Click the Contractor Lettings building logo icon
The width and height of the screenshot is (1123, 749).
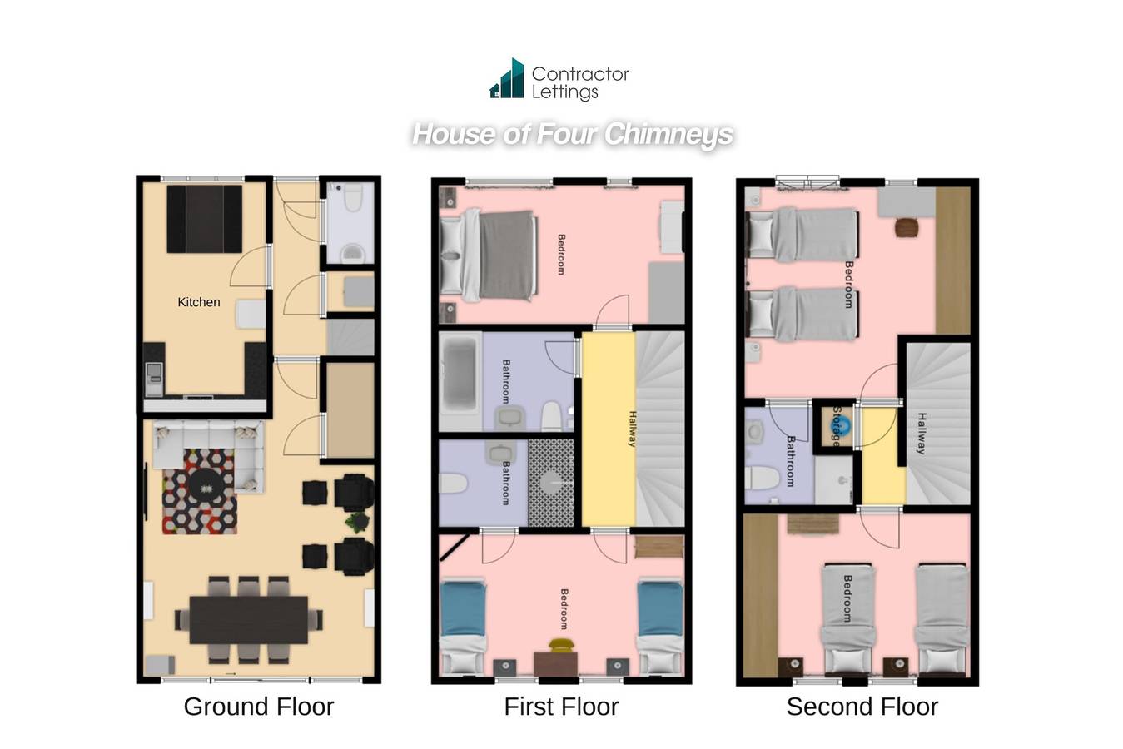point(508,80)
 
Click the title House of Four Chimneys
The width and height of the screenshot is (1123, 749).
point(573,134)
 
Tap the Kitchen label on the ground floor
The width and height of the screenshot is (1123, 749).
point(199,302)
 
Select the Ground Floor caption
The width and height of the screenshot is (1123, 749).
point(259,707)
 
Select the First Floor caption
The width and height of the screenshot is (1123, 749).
point(561,707)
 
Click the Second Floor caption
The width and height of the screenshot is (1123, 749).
point(862,707)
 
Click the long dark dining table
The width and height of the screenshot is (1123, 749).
point(248,619)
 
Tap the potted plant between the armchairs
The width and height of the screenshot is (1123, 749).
point(359,523)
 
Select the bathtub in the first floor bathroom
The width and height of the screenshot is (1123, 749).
point(460,381)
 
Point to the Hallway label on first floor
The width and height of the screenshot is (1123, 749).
point(632,429)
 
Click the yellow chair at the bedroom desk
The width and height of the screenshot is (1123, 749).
point(560,644)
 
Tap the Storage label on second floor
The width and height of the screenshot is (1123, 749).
point(836,427)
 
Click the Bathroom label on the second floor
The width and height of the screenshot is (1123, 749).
point(790,461)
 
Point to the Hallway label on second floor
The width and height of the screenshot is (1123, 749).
point(921,433)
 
